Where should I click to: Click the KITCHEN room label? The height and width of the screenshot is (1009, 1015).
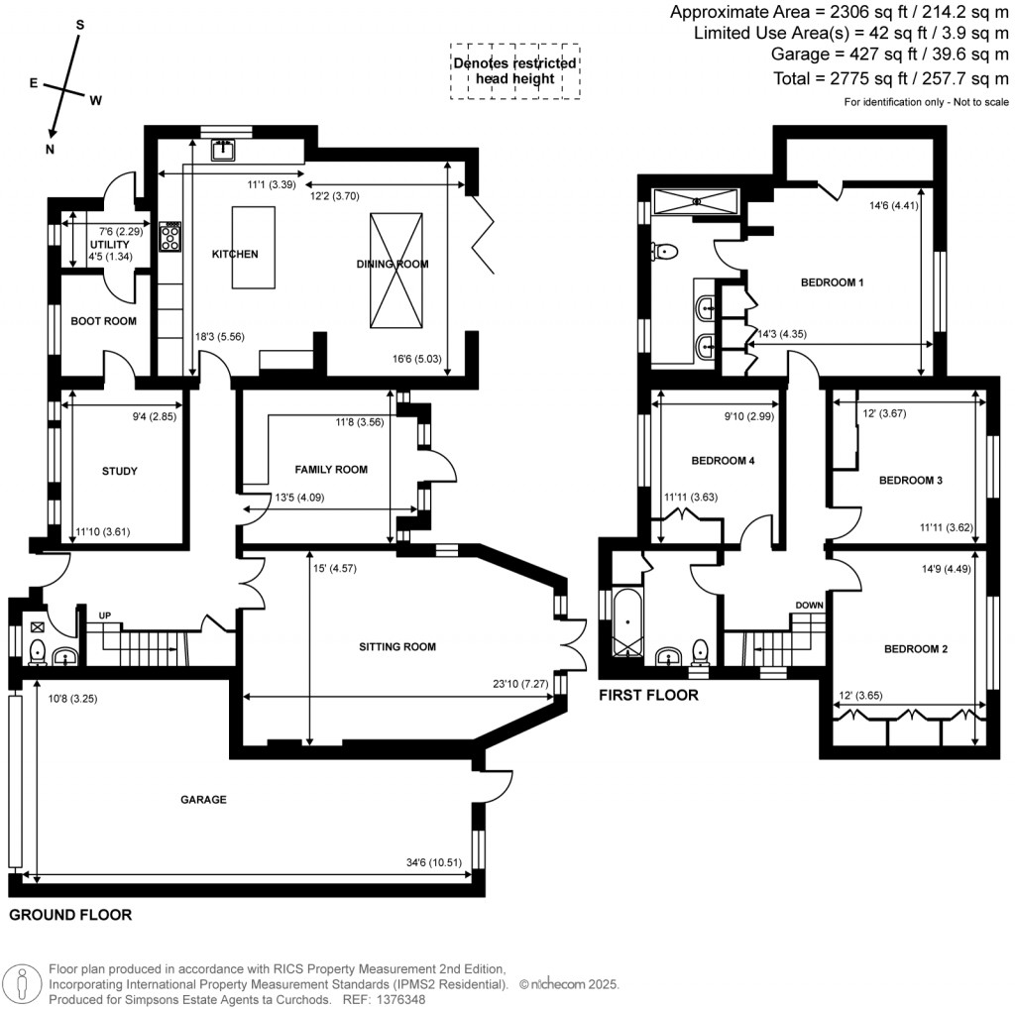(x=235, y=255)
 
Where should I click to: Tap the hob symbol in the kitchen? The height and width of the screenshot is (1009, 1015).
(x=170, y=235)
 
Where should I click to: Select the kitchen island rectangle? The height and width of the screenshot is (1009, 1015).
(x=254, y=247)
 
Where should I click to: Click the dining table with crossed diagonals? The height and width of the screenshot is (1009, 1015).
(x=395, y=271)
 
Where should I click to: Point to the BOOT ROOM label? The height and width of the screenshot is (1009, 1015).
(x=103, y=321)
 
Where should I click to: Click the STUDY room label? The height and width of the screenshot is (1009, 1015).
(x=119, y=472)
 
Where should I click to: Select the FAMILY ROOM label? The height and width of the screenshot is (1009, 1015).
(x=331, y=470)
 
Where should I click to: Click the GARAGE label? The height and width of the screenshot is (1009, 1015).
(x=203, y=799)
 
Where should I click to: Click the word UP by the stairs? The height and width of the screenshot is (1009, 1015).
(x=104, y=617)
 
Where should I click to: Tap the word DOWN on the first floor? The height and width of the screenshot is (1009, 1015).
(x=811, y=605)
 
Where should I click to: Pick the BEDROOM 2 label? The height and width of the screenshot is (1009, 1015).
(x=916, y=649)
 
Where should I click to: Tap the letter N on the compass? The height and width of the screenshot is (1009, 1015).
(x=50, y=149)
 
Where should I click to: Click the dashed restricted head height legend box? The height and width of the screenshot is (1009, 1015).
(x=514, y=70)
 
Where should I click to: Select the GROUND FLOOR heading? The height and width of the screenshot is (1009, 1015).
(x=70, y=915)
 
